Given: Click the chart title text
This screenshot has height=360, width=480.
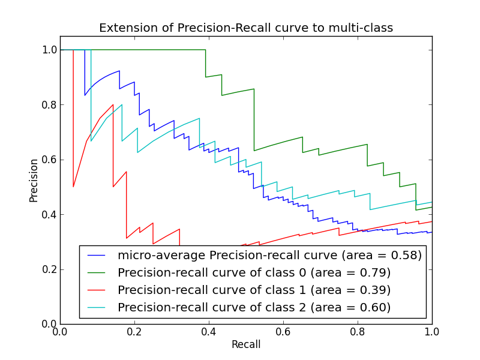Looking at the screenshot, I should [x=246, y=28].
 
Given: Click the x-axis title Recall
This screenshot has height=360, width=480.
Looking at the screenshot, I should [x=246, y=345].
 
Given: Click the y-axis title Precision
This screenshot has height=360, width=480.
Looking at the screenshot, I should [x=34, y=180].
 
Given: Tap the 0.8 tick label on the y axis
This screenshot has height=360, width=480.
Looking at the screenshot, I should [x=49, y=105].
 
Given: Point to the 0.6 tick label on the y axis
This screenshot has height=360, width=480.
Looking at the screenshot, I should [x=49, y=160].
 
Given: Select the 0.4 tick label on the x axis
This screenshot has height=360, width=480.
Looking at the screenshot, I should [x=209, y=332].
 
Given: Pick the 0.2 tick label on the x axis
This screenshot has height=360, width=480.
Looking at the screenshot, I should [x=134, y=332].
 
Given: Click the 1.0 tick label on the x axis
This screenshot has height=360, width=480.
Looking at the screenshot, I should [x=432, y=332].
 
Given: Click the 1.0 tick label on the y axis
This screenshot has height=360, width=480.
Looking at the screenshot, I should [x=49, y=50].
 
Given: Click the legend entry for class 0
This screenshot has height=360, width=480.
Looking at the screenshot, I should [x=254, y=272].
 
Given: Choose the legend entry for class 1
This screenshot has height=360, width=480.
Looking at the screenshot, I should [x=254, y=290].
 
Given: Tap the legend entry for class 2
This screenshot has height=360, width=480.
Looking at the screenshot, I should [x=254, y=307].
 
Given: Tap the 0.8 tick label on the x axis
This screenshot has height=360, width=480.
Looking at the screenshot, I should [x=358, y=332].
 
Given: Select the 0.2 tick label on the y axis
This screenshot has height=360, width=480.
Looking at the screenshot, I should [x=49, y=269].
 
